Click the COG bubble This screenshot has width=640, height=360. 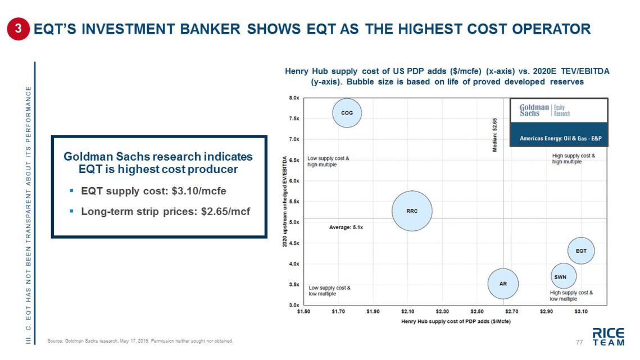(347, 113)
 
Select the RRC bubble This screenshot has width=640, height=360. (412, 211)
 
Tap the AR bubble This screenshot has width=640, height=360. (503, 284)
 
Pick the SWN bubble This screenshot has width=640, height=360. (560, 277)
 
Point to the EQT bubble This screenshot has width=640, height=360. (581, 250)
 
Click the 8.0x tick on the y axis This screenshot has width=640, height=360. (294, 98)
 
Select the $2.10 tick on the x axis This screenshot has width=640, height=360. (407, 311)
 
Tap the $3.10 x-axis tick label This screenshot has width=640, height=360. (581, 311)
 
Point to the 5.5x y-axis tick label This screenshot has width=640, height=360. (294, 201)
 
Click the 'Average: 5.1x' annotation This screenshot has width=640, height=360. (346, 227)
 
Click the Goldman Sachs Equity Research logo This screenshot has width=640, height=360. (544, 110)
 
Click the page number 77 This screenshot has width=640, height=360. (580, 342)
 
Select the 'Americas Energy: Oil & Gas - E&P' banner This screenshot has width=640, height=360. (558, 138)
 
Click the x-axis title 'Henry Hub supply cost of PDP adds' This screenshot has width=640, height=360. (456, 321)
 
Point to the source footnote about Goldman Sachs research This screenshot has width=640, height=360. (140, 341)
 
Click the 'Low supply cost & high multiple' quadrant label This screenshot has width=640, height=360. (328, 162)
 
